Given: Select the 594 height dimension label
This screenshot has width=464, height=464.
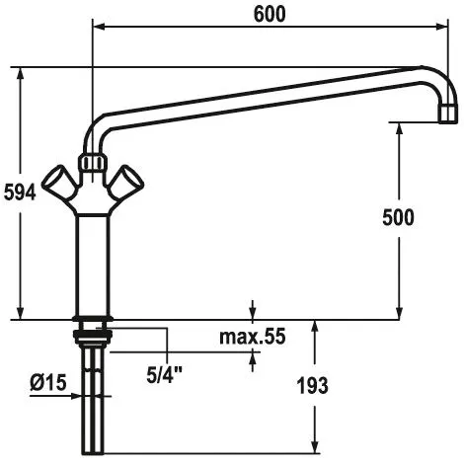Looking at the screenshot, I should [x=20, y=193].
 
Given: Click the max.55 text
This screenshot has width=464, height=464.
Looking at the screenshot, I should [x=252, y=338].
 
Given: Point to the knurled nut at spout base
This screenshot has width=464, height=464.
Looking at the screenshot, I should [x=93, y=162].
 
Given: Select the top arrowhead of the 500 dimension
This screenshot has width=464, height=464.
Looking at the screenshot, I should [x=399, y=129].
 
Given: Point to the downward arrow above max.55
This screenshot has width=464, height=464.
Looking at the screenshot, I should [x=255, y=311].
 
